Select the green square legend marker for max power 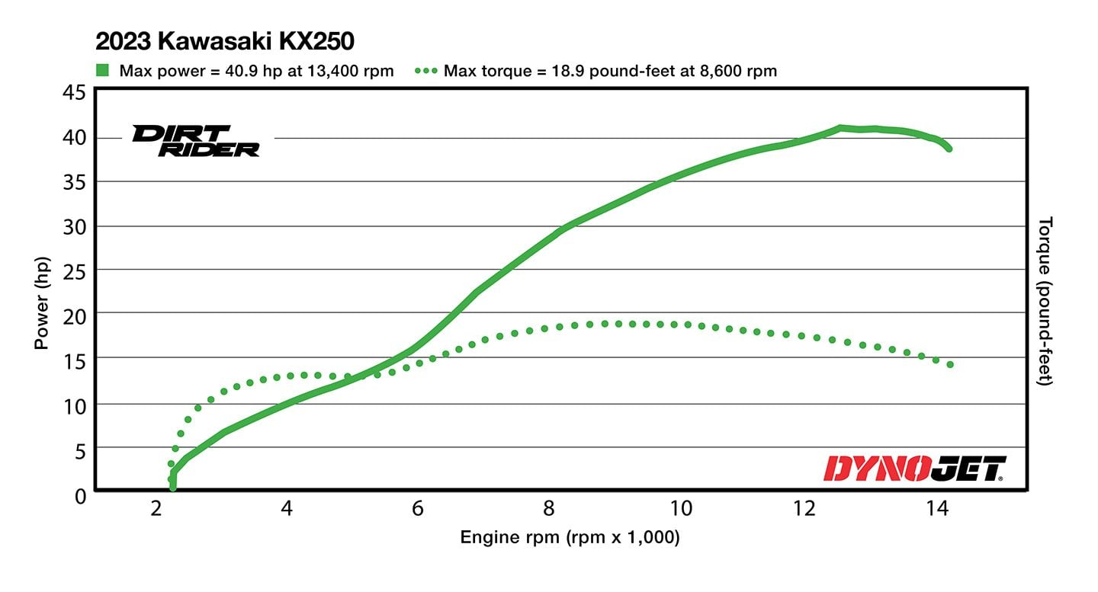[x=103, y=71]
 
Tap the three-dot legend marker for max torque [x=425, y=71]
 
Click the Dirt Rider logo [x=196, y=141]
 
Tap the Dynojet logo [x=915, y=469]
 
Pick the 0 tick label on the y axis [x=79, y=495]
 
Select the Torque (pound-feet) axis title [x=1045, y=301]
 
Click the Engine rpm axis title [x=569, y=538]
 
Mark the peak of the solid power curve [x=840, y=128]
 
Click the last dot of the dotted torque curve [x=950, y=365]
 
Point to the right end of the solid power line [x=949, y=149]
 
